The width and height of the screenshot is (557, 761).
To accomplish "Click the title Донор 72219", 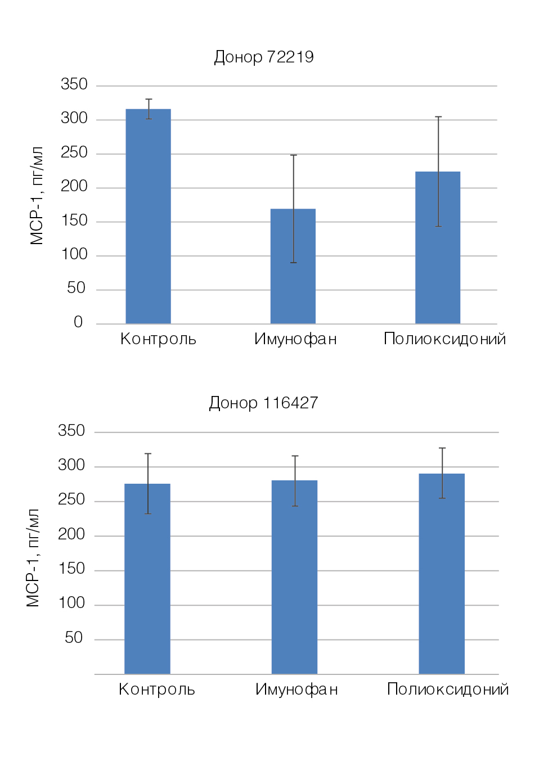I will pyautogui.click(x=263, y=57).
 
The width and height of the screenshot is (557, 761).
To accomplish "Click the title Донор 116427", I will pyautogui.click(x=263, y=403).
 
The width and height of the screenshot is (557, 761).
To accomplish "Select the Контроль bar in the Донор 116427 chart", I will pyautogui.click(x=147, y=579).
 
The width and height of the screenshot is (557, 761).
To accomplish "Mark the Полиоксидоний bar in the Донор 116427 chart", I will pyautogui.click(x=442, y=574).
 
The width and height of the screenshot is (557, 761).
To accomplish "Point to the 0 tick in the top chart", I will pyautogui.click(x=78, y=322).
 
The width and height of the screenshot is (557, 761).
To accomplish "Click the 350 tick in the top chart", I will pyautogui.click(x=74, y=84).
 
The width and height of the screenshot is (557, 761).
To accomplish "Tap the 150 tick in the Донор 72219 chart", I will pyautogui.click(x=74, y=220).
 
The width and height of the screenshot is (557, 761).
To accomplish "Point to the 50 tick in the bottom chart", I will pyautogui.click(x=74, y=638).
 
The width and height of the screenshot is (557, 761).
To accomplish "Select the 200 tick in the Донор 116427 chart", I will pyautogui.click(x=71, y=534).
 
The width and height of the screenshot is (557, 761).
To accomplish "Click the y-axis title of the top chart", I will pyautogui.click(x=37, y=196).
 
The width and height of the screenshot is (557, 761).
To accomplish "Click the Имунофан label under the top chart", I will pyautogui.click(x=295, y=339).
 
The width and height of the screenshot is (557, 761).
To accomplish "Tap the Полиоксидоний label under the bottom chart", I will pyautogui.click(x=448, y=690).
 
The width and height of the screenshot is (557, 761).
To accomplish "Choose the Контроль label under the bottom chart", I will pyautogui.click(x=157, y=690).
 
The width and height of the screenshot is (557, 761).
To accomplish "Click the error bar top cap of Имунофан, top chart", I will pyautogui.click(x=293, y=155).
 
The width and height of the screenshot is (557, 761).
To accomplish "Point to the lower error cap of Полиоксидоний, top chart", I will pyautogui.click(x=438, y=226).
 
